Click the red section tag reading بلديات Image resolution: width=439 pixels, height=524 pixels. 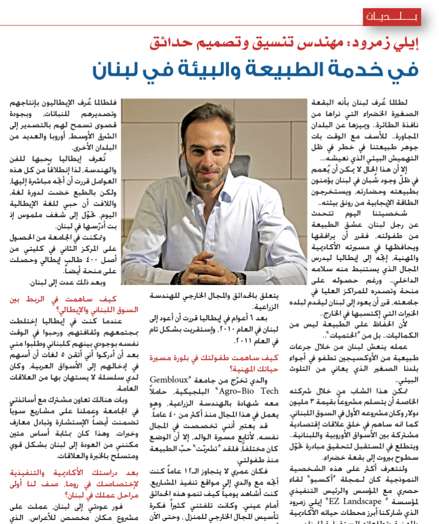click(392, 17)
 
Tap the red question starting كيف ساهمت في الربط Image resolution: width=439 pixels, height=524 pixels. click(68, 304)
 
